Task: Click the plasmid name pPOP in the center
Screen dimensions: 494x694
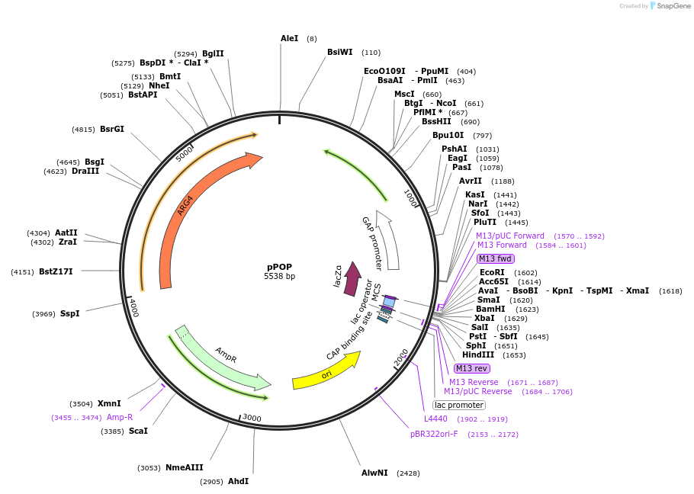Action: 279,266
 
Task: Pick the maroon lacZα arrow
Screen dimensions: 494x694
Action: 352,279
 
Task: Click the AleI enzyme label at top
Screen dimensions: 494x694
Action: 290,38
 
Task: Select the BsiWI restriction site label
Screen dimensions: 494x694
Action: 340,52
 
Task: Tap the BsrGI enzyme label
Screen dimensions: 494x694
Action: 111,129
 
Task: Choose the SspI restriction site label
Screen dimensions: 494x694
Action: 69,313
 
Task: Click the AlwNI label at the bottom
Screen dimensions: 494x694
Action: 374,473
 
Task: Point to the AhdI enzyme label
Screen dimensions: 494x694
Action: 238,481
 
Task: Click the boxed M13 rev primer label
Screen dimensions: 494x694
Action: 472,368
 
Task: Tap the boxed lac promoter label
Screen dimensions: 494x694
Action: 458,405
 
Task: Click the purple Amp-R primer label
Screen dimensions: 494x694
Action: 119,417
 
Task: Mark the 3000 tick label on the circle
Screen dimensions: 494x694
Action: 252,418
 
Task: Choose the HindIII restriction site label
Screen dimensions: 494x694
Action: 478,354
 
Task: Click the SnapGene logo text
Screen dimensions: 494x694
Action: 673,5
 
